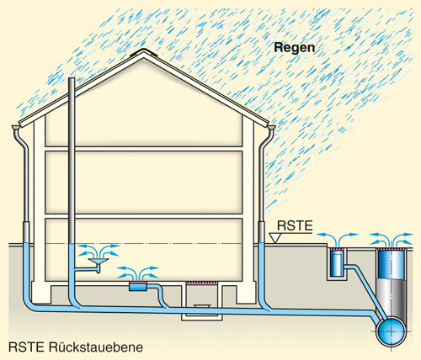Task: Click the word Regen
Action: (295, 48)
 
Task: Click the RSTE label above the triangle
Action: (295, 226)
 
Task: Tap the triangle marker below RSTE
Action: (275, 238)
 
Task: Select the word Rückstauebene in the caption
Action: (96, 347)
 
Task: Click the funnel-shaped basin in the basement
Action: (99, 262)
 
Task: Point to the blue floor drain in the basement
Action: (138, 287)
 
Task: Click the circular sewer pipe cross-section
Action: (392, 331)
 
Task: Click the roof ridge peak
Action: (144, 51)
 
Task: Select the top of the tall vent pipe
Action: (72, 78)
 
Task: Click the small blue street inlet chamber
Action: (337, 263)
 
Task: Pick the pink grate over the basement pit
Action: (201, 283)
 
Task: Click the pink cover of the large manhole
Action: (392, 249)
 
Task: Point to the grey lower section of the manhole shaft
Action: (392, 298)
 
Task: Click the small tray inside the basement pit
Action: (201, 306)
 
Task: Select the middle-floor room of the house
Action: (144, 183)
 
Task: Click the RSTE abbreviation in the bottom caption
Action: (26, 347)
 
